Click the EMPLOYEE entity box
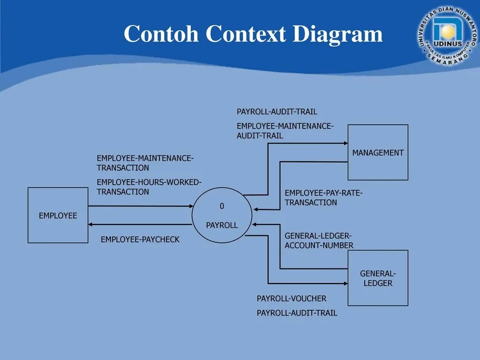point(58,215)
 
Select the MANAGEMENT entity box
point(378,152)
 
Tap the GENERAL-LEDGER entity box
point(378,278)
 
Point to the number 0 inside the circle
point(222,206)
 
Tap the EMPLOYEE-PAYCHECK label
point(140,240)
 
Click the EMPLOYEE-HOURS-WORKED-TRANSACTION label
point(149,187)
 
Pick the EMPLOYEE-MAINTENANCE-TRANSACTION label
point(145,163)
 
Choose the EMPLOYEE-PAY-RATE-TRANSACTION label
point(323,198)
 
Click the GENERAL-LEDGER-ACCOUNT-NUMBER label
point(319,240)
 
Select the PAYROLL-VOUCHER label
point(291,299)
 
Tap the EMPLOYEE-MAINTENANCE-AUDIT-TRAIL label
point(285,131)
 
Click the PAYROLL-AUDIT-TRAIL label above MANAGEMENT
point(277,112)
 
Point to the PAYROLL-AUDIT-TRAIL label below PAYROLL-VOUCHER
point(297,313)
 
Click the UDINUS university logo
point(446,35)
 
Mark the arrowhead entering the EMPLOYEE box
point(91,225)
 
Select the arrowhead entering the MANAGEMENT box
point(345,143)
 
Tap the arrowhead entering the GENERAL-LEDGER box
point(345,283)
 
